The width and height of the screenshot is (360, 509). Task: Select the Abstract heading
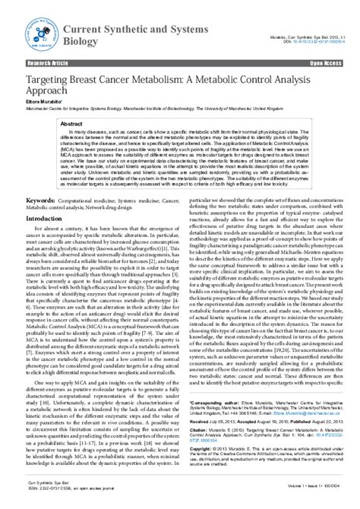click(x=72, y=123)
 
